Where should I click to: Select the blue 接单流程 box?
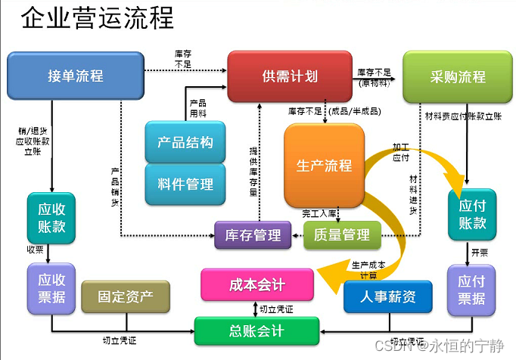point(75,76)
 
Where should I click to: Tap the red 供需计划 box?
point(290,76)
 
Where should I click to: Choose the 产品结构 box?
point(185,142)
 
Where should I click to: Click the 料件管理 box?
point(185,184)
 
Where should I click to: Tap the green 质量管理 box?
point(341,235)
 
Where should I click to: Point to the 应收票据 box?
point(51,288)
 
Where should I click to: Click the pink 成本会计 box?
point(256,284)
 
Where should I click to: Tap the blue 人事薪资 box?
point(389,296)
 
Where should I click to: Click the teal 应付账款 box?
point(472,214)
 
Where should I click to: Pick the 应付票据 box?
point(471,288)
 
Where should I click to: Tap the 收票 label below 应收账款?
point(36,250)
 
